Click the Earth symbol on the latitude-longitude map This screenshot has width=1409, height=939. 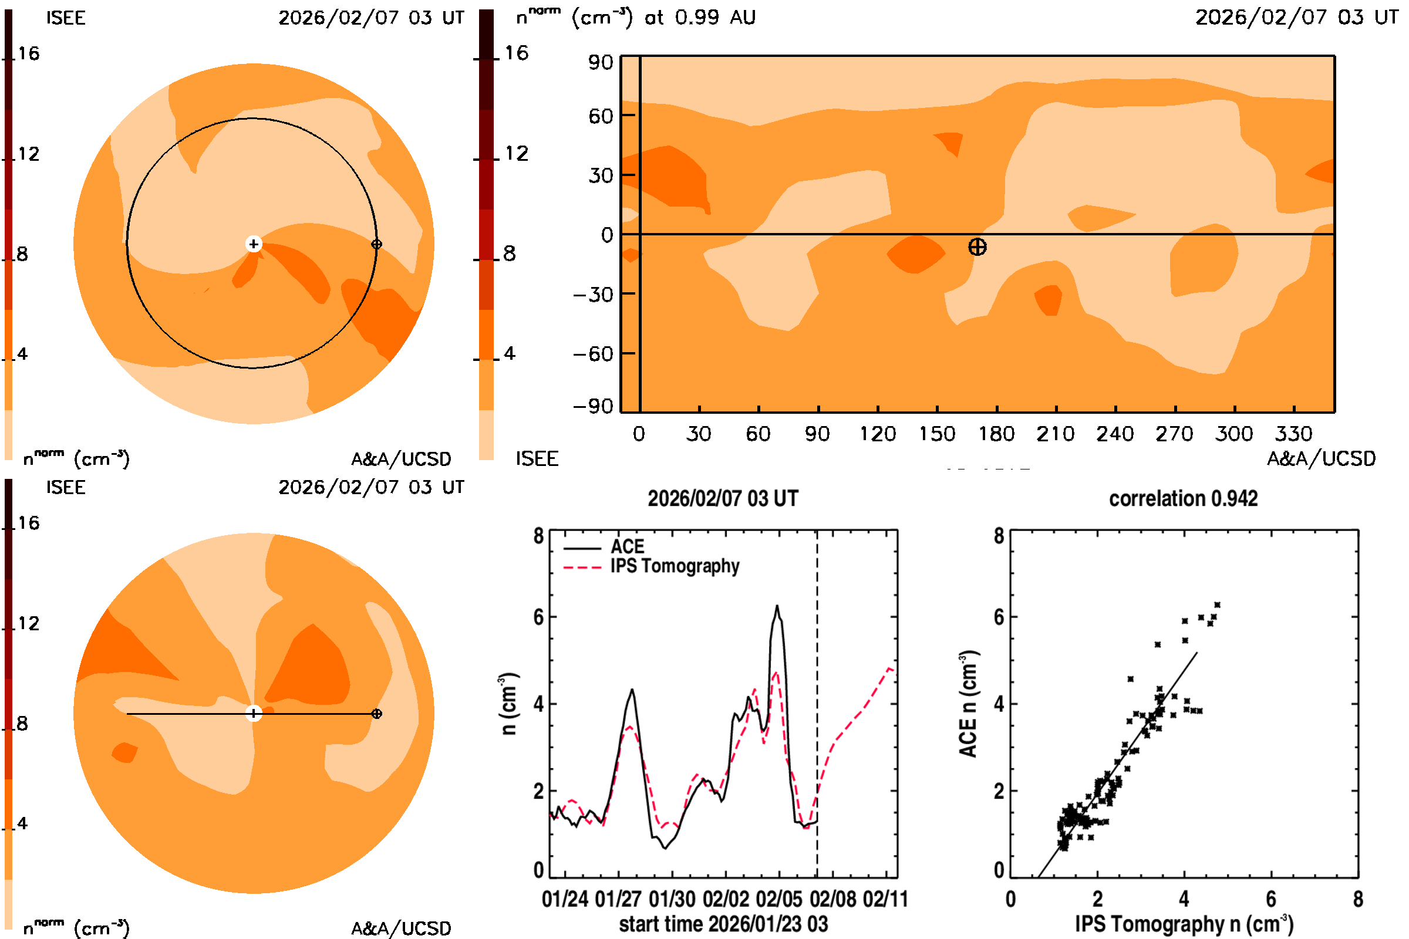[x=977, y=246]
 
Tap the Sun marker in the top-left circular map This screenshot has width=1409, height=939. [x=254, y=244]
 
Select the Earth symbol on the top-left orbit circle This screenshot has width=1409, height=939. [x=376, y=244]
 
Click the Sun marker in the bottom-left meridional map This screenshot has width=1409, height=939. [x=254, y=714]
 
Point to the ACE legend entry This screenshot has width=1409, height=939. [x=626, y=547]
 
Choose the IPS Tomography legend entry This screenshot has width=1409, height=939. [x=674, y=566]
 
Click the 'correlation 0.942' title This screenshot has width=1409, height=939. [x=1183, y=499]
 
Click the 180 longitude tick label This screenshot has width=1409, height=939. [x=996, y=434]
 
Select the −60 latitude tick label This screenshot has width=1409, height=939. [x=593, y=354]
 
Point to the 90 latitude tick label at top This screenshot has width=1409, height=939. [x=600, y=62]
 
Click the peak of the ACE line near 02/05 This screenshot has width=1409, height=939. [x=777, y=606]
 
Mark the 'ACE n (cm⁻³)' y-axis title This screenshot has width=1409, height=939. [x=968, y=704]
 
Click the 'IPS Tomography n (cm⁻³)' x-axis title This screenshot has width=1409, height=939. [x=1184, y=924]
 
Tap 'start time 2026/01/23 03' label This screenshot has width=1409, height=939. [x=723, y=924]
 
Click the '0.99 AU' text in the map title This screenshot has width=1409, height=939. [x=714, y=18]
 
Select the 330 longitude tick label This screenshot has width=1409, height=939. [x=1293, y=434]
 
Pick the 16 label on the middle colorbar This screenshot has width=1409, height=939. [x=516, y=53]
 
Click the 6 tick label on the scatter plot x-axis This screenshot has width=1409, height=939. [x=1270, y=899]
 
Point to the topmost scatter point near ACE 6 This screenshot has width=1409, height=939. [x=1216, y=605]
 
